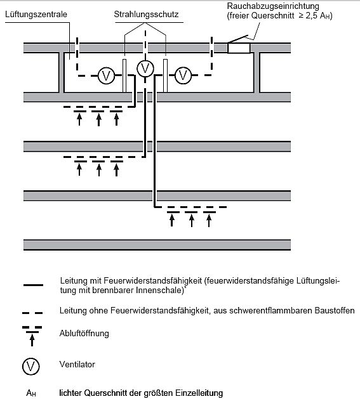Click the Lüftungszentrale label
36,14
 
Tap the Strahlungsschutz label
146,14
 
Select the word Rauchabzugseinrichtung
273,6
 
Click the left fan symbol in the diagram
106,75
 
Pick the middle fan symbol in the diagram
145,69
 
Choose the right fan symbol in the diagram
183,75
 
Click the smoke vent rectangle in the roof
239,48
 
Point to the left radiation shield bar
124,75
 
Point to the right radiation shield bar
165,75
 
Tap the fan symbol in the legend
31,367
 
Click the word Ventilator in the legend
77,364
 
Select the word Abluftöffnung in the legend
84,334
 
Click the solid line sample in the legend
33,285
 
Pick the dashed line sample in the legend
32,313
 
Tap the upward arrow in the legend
32,340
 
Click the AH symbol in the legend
31,393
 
